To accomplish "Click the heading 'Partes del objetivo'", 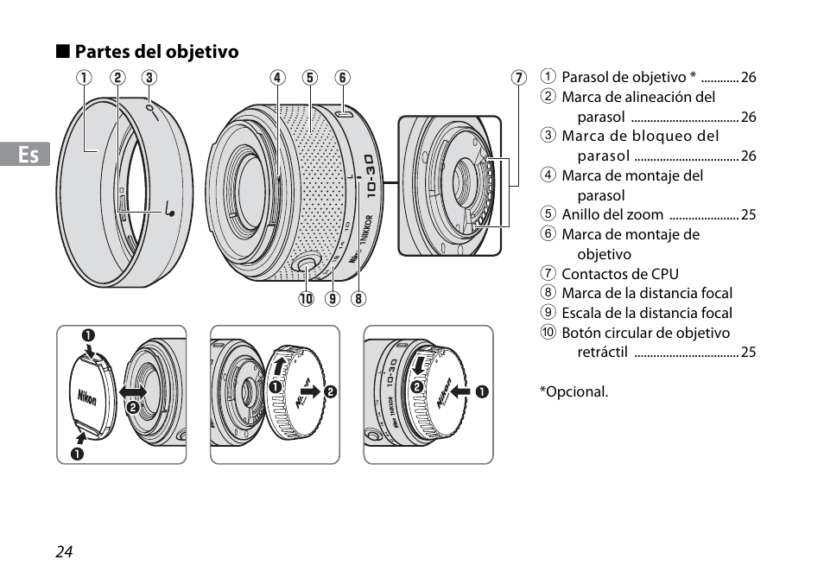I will point(155,52).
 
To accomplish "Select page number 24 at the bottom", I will point(63,553).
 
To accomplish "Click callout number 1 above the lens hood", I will point(84,78).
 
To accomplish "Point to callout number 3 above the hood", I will point(149,78).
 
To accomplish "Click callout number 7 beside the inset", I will point(518,78).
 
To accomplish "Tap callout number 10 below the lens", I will point(306,300).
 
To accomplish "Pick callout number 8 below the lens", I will point(358,300).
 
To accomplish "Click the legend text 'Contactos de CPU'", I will point(619,274).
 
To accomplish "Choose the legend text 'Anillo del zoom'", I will point(612,214).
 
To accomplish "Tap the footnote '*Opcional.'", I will point(574,391).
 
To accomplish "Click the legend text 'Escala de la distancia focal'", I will point(647,313).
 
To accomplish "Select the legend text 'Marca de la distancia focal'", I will point(647,293).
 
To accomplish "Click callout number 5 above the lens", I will point(309,78).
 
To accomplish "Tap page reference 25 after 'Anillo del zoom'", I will point(748,215).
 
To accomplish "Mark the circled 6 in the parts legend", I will point(548,234).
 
